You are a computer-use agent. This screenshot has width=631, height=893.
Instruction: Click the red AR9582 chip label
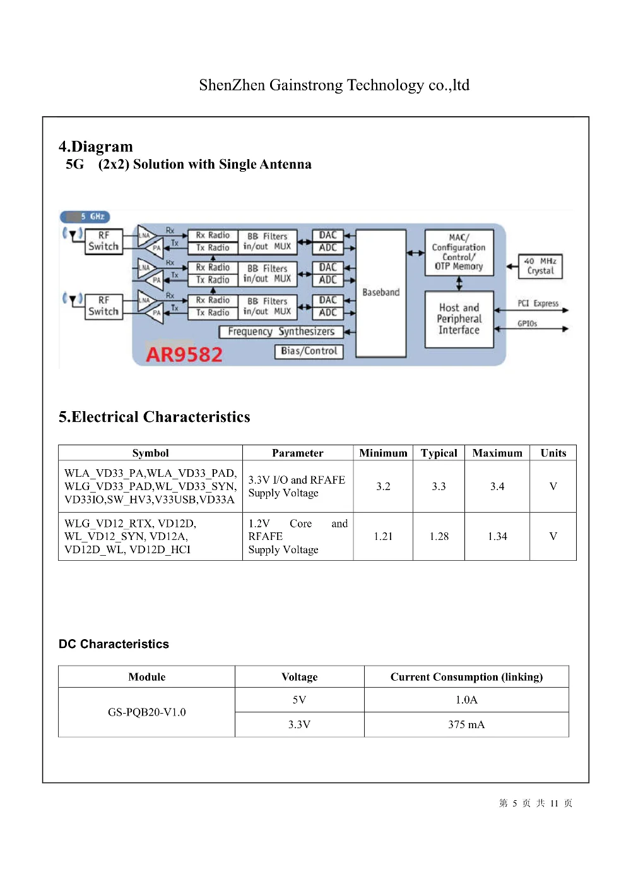[184, 354]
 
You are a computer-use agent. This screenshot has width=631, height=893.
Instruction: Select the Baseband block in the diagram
[380, 293]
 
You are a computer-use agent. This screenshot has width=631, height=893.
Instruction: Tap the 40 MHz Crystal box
[540, 266]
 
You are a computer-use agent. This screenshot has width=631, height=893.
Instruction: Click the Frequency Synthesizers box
[281, 332]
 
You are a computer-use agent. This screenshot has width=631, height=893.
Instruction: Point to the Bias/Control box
[309, 351]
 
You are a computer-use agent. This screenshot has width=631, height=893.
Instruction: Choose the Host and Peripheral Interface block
[459, 319]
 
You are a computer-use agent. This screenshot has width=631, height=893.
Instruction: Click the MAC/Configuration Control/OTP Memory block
[459, 252]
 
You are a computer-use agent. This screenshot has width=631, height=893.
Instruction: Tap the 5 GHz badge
[85, 217]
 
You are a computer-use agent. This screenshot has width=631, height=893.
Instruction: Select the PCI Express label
[538, 303]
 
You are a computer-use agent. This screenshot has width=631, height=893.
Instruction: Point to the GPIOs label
[527, 323]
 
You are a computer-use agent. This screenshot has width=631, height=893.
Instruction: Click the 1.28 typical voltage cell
[439, 536]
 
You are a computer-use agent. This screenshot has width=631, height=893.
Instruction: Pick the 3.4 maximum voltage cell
[497, 486]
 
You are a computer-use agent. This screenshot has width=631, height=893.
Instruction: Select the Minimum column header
[383, 453]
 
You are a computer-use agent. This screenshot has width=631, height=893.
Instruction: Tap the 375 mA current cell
[466, 724]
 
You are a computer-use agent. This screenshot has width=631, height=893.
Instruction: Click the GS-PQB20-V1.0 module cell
[146, 712]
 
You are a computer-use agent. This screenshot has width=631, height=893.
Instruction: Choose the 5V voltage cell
[299, 700]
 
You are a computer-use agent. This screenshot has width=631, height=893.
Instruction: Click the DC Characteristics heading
[114, 644]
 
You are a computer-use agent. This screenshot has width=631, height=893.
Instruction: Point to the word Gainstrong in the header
[306, 85]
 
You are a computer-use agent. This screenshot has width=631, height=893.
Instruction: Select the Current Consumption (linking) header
[466, 676]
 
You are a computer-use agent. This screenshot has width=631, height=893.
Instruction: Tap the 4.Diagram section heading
[96, 147]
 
